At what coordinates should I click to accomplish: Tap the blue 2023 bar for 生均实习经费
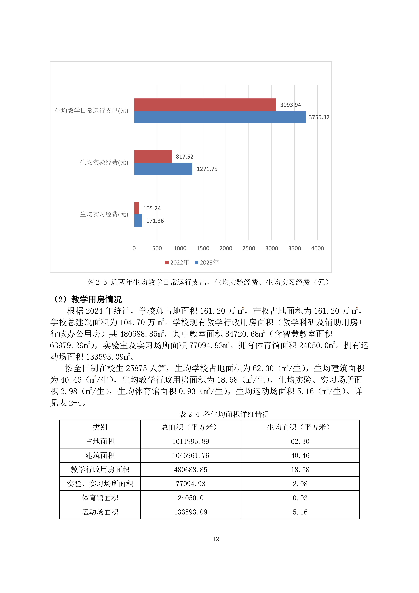[x=138, y=221]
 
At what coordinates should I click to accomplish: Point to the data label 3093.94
[x=291, y=105]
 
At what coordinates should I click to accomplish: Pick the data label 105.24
[x=152, y=208]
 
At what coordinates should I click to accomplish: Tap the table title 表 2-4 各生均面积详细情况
[x=224, y=414]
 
